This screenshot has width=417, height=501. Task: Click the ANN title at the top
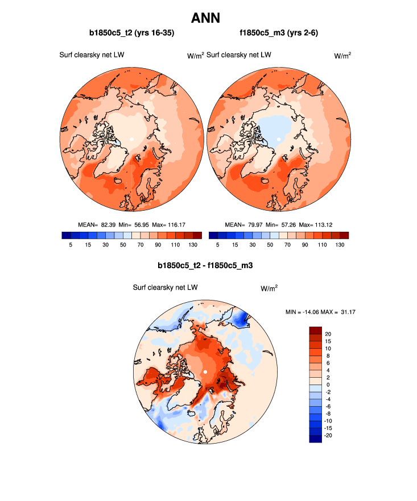click(x=208, y=18)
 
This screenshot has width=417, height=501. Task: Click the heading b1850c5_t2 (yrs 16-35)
click(x=131, y=34)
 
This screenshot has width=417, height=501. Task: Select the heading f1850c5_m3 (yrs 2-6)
click(x=279, y=34)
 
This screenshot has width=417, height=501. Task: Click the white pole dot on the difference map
click(x=205, y=372)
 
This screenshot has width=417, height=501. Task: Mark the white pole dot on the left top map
click(x=132, y=139)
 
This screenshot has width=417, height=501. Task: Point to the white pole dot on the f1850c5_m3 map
click(x=279, y=139)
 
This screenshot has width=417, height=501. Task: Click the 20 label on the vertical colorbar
click(x=328, y=333)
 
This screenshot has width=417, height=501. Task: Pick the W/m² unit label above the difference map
click(x=269, y=289)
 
